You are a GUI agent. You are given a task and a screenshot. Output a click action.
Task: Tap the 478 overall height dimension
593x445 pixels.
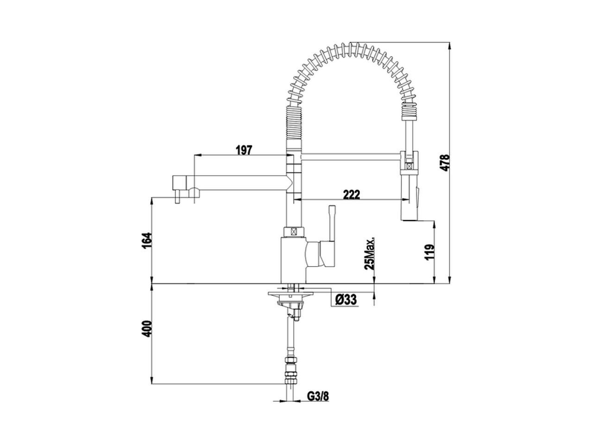[x=444, y=163]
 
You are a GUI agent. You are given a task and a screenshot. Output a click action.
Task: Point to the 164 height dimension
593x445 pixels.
[x=146, y=240]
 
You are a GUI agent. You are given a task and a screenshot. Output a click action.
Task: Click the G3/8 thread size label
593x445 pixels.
[x=317, y=396]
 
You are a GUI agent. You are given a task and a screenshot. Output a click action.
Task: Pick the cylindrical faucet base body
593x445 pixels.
[x=293, y=260]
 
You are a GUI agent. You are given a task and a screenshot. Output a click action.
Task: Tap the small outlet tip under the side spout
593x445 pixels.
[x=177, y=199]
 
